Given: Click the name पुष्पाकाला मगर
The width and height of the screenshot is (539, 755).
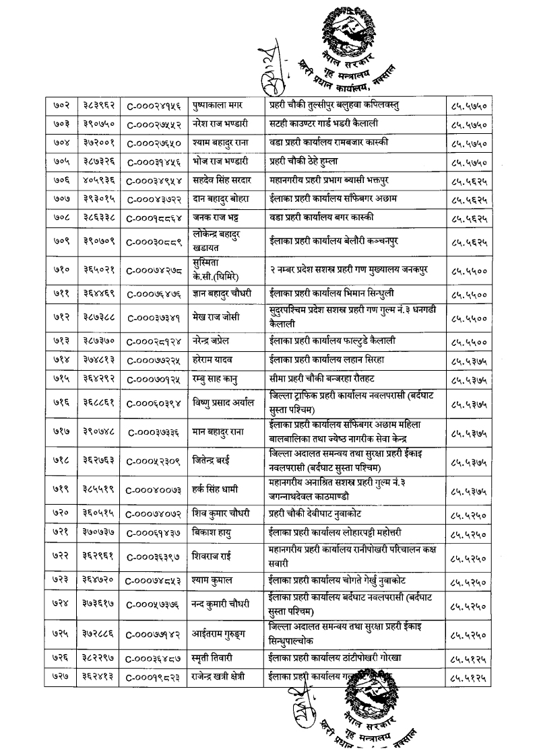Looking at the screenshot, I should click(x=220, y=106).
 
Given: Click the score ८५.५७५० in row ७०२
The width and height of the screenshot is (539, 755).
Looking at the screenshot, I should click(x=468, y=106).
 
